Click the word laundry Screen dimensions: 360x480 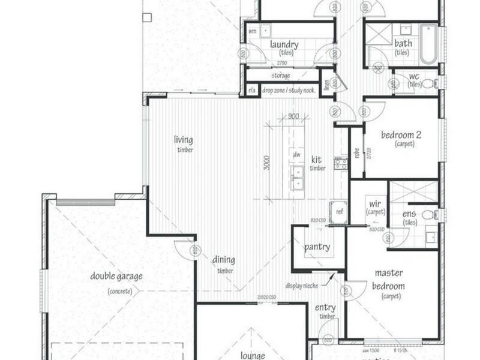point(284,44)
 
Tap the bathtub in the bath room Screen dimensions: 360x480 point(428,44)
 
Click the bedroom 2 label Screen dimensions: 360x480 point(401,135)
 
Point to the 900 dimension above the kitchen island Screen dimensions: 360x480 point(293,116)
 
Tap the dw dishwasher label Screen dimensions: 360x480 point(296,155)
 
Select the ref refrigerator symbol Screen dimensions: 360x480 point(339,212)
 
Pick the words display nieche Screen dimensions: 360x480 point(302,286)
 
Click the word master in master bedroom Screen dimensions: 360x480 point(389,273)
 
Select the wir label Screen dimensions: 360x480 point(376,205)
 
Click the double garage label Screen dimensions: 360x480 point(117,277)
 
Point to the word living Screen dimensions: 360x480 point(184,140)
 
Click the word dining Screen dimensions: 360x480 point(223,260)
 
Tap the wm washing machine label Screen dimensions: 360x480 point(253,30)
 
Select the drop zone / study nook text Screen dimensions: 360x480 point(289,90)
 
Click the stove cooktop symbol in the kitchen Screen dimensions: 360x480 point(340,163)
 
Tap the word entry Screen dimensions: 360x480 point(326,308)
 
